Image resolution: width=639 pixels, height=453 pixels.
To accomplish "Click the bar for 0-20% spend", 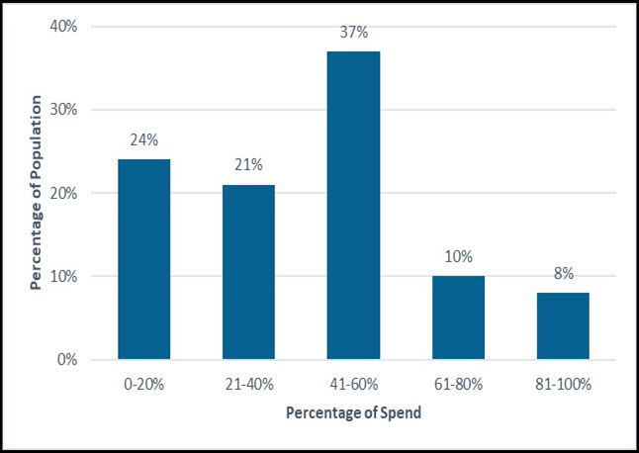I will (144, 259).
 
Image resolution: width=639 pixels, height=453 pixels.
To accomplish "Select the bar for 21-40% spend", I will (248, 272).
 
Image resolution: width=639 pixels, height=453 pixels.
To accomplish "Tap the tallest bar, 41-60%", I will (353, 205).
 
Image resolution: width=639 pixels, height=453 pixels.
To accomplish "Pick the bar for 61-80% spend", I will (458, 317).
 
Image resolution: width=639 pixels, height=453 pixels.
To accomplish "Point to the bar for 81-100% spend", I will (563, 325).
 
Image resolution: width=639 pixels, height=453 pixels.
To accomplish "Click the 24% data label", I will (144, 139).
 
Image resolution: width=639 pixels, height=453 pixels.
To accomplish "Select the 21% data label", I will (248, 164).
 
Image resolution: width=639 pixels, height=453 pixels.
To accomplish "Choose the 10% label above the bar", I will (458, 256).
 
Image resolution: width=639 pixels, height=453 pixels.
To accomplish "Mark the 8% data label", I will (563, 273).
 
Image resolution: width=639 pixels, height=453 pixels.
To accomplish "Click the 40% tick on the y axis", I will (64, 27).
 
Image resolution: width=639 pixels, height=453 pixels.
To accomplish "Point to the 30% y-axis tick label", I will (64, 110).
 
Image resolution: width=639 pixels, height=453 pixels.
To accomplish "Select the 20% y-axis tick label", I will (64, 193).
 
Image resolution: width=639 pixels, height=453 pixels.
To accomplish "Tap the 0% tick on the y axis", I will (68, 360).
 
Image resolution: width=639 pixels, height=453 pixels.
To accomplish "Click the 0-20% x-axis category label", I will (144, 383).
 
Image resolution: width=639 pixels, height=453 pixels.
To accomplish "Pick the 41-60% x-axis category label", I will (353, 383).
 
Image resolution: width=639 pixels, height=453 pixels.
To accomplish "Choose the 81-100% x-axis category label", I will (563, 383).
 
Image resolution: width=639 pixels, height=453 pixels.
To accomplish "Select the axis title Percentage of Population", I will (37, 193).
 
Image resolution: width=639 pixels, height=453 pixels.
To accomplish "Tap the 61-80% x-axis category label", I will (458, 383).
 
